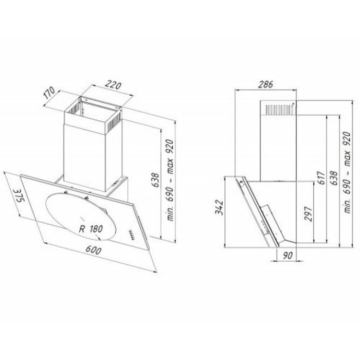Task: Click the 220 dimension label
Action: (113, 85)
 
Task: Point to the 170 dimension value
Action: (49, 93)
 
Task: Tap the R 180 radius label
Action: (91, 229)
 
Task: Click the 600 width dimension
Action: (93, 250)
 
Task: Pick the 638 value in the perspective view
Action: (155, 181)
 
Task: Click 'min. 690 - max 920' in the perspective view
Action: (170, 180)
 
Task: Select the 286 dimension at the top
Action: (266, 84)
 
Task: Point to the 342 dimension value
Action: (219, 207)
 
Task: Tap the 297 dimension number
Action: (309, 214)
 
